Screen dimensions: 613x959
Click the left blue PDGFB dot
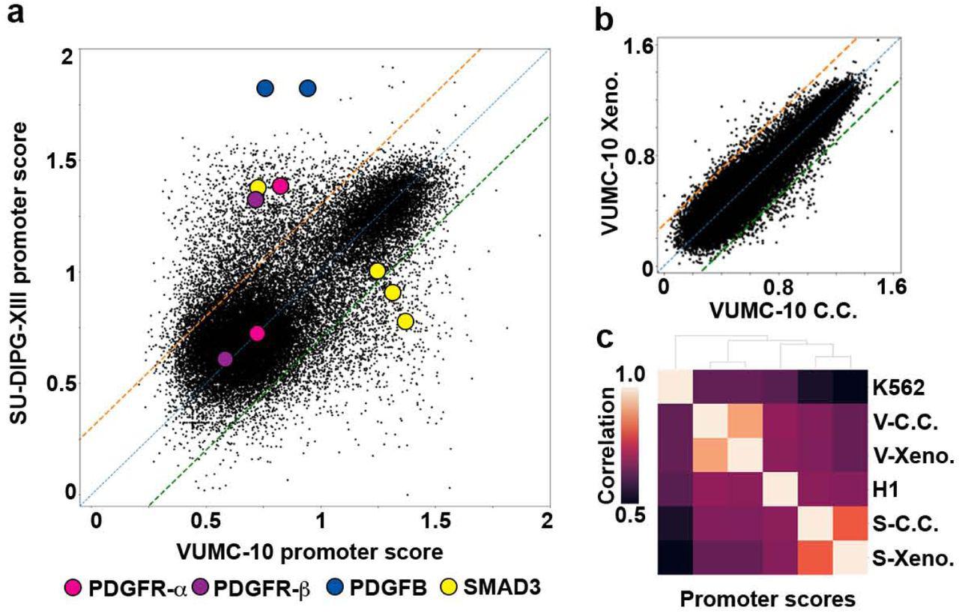pos(265,88)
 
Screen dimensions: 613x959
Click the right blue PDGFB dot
pos(308,88)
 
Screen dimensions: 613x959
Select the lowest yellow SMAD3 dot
pos(405,321)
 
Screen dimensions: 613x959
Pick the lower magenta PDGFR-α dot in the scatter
pos(257,333)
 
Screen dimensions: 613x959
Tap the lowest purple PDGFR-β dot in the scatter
pos(225,359)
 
